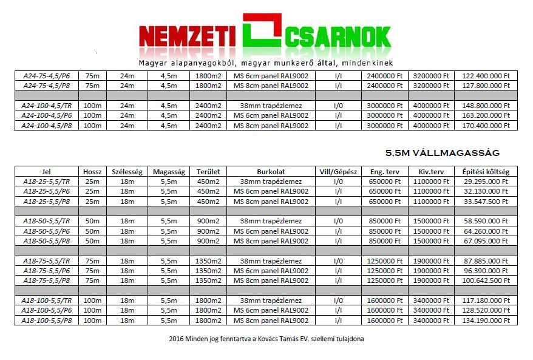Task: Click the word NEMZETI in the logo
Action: point(186,36)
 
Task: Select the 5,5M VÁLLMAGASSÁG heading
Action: point(443,153)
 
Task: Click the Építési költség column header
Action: point(486,172)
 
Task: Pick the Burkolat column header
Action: point(271,172)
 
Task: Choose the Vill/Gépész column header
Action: point(338,172)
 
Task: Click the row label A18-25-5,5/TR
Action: point(47,182)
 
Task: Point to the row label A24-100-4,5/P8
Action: point(47,126)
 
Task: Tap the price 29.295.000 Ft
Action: point(486,182)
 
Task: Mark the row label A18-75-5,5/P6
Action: point(47,271)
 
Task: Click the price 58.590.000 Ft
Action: point(486,222)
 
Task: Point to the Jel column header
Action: point(47,172)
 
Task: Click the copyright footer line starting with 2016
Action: point(266,339)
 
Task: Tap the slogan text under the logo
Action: point(266,63)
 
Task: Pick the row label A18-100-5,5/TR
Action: point(47,301)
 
